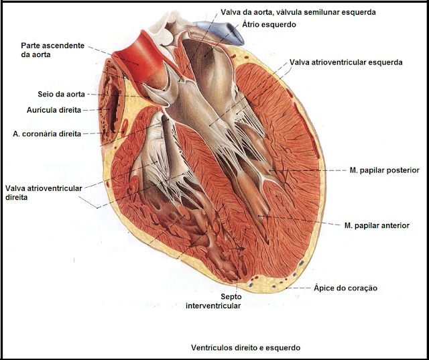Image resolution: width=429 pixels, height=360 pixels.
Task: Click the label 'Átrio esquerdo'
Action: [x=269, y=24]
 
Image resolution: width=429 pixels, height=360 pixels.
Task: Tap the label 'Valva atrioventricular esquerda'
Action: [x=346, y=62]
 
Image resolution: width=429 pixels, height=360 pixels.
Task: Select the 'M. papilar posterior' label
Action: [x=384, y=171]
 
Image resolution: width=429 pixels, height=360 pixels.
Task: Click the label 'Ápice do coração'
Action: [x=346, y=288]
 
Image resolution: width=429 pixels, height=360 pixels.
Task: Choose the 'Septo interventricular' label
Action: [x=212, y=300]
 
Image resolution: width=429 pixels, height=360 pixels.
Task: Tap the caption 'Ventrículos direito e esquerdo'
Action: [x=246, y=348]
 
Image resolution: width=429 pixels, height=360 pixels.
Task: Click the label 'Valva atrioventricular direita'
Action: [x=44, y=193]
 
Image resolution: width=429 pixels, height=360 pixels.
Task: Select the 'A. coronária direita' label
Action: [x=47, y=134]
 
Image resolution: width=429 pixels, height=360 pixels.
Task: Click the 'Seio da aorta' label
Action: [x=62, y=95]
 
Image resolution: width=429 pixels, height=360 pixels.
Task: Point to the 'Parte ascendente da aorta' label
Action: [x=53, y=50]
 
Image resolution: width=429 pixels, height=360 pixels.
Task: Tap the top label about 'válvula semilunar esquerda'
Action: [x=298, y=12]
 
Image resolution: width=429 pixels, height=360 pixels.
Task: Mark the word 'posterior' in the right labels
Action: [x=400, y=171]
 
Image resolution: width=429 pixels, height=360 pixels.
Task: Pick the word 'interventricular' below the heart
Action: [x=212, y=306]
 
